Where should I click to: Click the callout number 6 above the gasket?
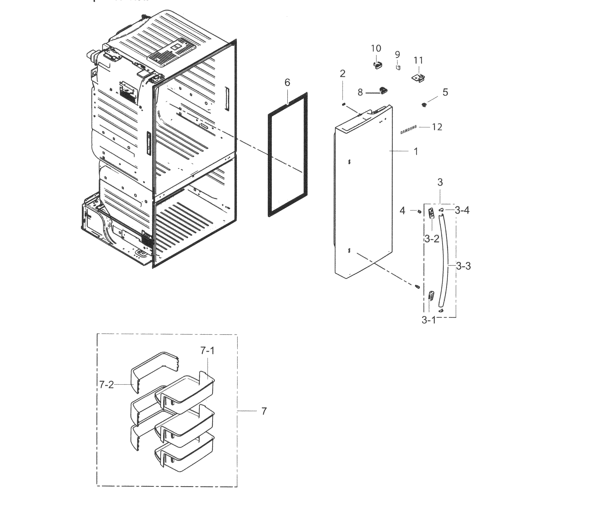click(287, 83)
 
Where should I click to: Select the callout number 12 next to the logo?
click(437, 127)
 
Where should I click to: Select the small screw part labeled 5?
click(424, 104)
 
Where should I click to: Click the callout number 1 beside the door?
click(416, 151)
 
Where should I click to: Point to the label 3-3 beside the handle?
click(463, 266)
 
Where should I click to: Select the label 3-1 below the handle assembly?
click(428, 320)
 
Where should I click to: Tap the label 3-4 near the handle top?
click(462, 210)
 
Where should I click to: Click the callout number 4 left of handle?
click(402, 211)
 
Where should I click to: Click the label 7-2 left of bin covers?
click(106, 385)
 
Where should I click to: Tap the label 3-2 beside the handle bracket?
click(432, 239)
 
